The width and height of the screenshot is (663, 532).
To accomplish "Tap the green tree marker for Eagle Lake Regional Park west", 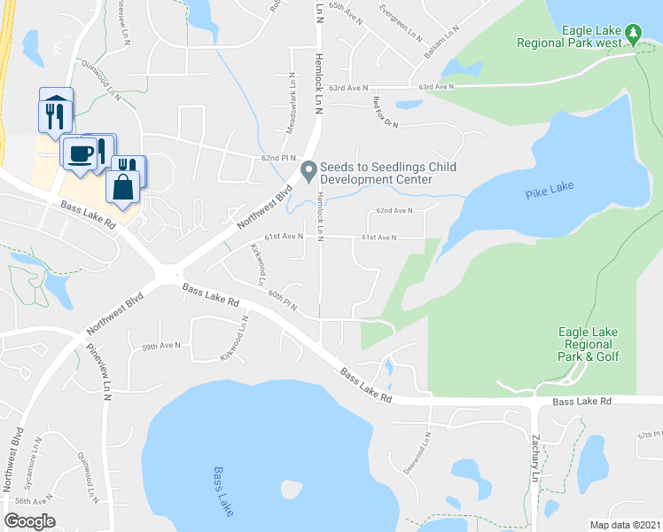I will pos(633,35).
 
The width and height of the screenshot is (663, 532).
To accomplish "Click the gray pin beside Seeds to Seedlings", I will pos(309,171).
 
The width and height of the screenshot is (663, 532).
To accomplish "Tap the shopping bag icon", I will pos(122,186).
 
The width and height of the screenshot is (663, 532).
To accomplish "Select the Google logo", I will pos(30,520).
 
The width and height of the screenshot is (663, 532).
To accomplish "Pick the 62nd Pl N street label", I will pos(279,158).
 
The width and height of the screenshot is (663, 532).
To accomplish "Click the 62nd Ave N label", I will pos(395,211).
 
